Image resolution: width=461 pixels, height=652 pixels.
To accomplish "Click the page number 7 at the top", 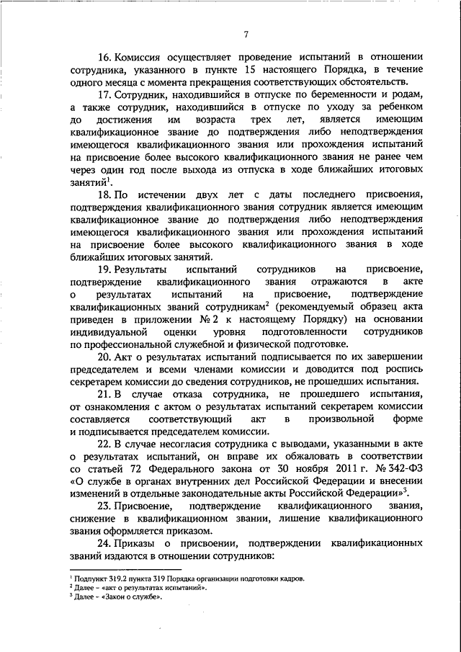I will [246, 35].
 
